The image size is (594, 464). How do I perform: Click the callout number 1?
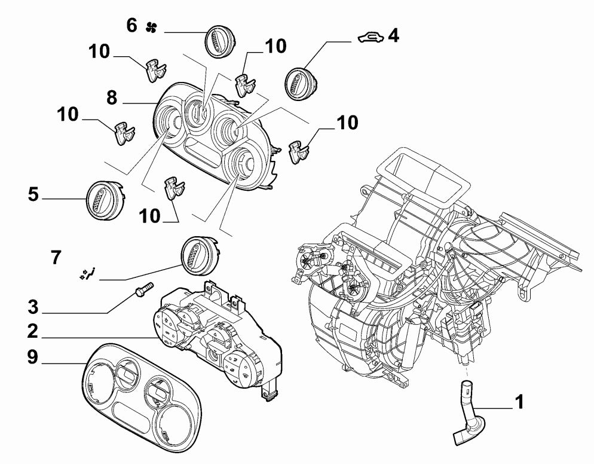pyautogui.click(x=519, y=401)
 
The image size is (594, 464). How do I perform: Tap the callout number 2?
pyautogui.click(x=32, y=331)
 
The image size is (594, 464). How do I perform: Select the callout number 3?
pyautogui.click(x=33, y=308)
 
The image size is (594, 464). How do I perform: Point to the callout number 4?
pyautogui.click(x=393, y=36)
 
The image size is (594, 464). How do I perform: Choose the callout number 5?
pyautogui.click(x=33, y=194)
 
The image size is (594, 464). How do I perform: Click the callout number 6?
pyautogui.click(x=131, y=25)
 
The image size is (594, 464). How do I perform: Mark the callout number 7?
pyautogui.click(x=55, y=258)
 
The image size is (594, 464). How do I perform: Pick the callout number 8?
pyautogui.click(x=111, y=97)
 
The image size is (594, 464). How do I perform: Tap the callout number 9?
pyautogui.click(x=32, y=357)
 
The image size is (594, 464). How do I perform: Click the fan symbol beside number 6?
pyautogui.click(x=151, y=26)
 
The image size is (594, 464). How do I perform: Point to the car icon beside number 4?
pyautogui.click(x=369, y=38)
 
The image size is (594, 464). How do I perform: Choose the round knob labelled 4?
pyautogui.click(x=302, y=83)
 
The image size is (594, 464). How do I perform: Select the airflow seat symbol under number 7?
pyautogui.click(x=87, y=274)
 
